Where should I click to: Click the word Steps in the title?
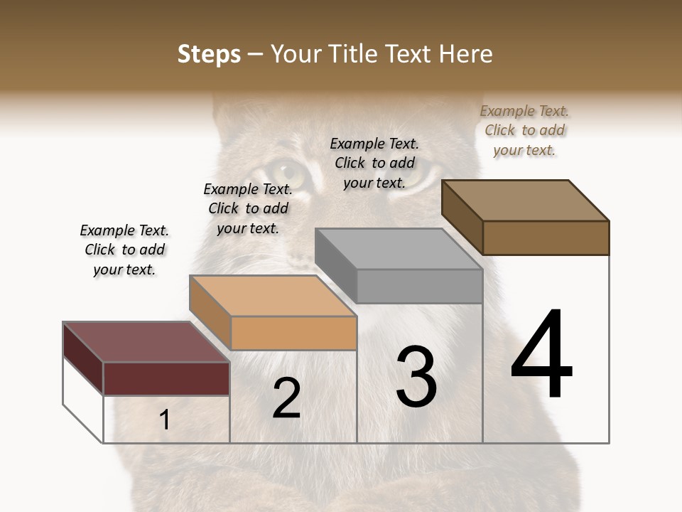point(209,55)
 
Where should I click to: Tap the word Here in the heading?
point(466,55)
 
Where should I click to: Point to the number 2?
point(286,398)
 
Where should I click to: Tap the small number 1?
point(164,420)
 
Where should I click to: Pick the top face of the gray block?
point(399,249)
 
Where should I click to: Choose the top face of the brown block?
point(525,201)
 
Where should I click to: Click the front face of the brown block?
point(546,238)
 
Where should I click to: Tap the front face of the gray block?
point(419,287)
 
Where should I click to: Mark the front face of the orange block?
point(293,333)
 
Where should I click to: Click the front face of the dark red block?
point(166,378)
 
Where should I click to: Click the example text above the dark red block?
point(124,250)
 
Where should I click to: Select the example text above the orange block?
point(248,208)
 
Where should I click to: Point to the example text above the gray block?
point(374,163)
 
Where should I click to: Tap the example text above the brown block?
point(524,130)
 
